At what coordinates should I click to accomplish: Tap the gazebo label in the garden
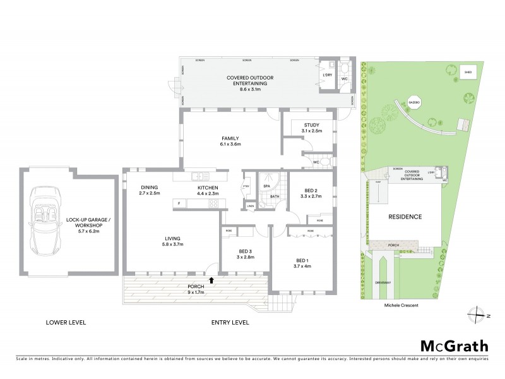coord(414,102)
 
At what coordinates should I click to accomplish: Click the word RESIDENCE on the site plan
coord(405,216)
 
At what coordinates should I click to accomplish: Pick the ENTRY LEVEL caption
coord(230,322)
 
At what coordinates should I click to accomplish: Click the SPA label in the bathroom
coord(266,186)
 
